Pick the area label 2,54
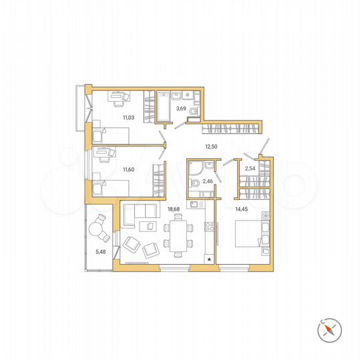click(x=250, y=168)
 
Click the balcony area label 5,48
click(x=101, y=251)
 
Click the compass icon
click(x=330, y=328)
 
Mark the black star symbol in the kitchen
click(x=210, y=258)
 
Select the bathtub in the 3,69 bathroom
click(x=164, y=107)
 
